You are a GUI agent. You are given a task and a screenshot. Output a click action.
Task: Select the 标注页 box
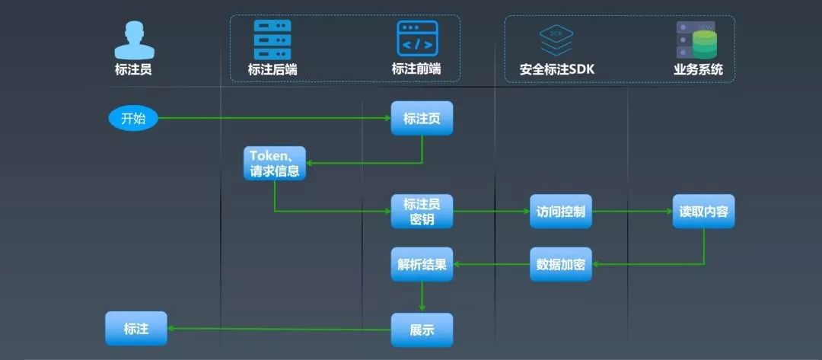[422, 118]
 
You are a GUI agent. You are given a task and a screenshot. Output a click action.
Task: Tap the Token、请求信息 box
[275, 163]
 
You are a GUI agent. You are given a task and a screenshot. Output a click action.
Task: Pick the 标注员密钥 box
[422, 211]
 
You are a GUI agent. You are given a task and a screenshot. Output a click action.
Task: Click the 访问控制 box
[561, 211]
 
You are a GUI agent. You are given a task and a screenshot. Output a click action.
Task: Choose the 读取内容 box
[703, 211]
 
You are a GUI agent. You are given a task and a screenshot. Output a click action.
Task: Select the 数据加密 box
[561, 264]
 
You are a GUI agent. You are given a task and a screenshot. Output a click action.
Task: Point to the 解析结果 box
[422, 264]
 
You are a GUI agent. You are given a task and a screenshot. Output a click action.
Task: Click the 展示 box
[422, 330]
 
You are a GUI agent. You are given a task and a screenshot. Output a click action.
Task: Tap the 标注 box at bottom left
[135, 328]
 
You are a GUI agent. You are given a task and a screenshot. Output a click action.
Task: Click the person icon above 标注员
[134, 40]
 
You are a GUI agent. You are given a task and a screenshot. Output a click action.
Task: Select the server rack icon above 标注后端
[272, 40]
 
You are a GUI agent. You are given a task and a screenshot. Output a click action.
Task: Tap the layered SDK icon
[556, 40]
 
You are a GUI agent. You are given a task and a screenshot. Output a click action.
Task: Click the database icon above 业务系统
[697, 40]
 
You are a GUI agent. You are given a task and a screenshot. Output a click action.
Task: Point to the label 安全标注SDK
[556, 70]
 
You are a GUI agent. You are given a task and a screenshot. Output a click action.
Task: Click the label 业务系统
[698, 70]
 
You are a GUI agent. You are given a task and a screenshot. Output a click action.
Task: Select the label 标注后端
[272, 70]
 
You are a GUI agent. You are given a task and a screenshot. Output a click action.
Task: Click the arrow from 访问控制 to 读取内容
[632, 211]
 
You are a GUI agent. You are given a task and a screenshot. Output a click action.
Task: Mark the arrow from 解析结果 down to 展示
[422, 297]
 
